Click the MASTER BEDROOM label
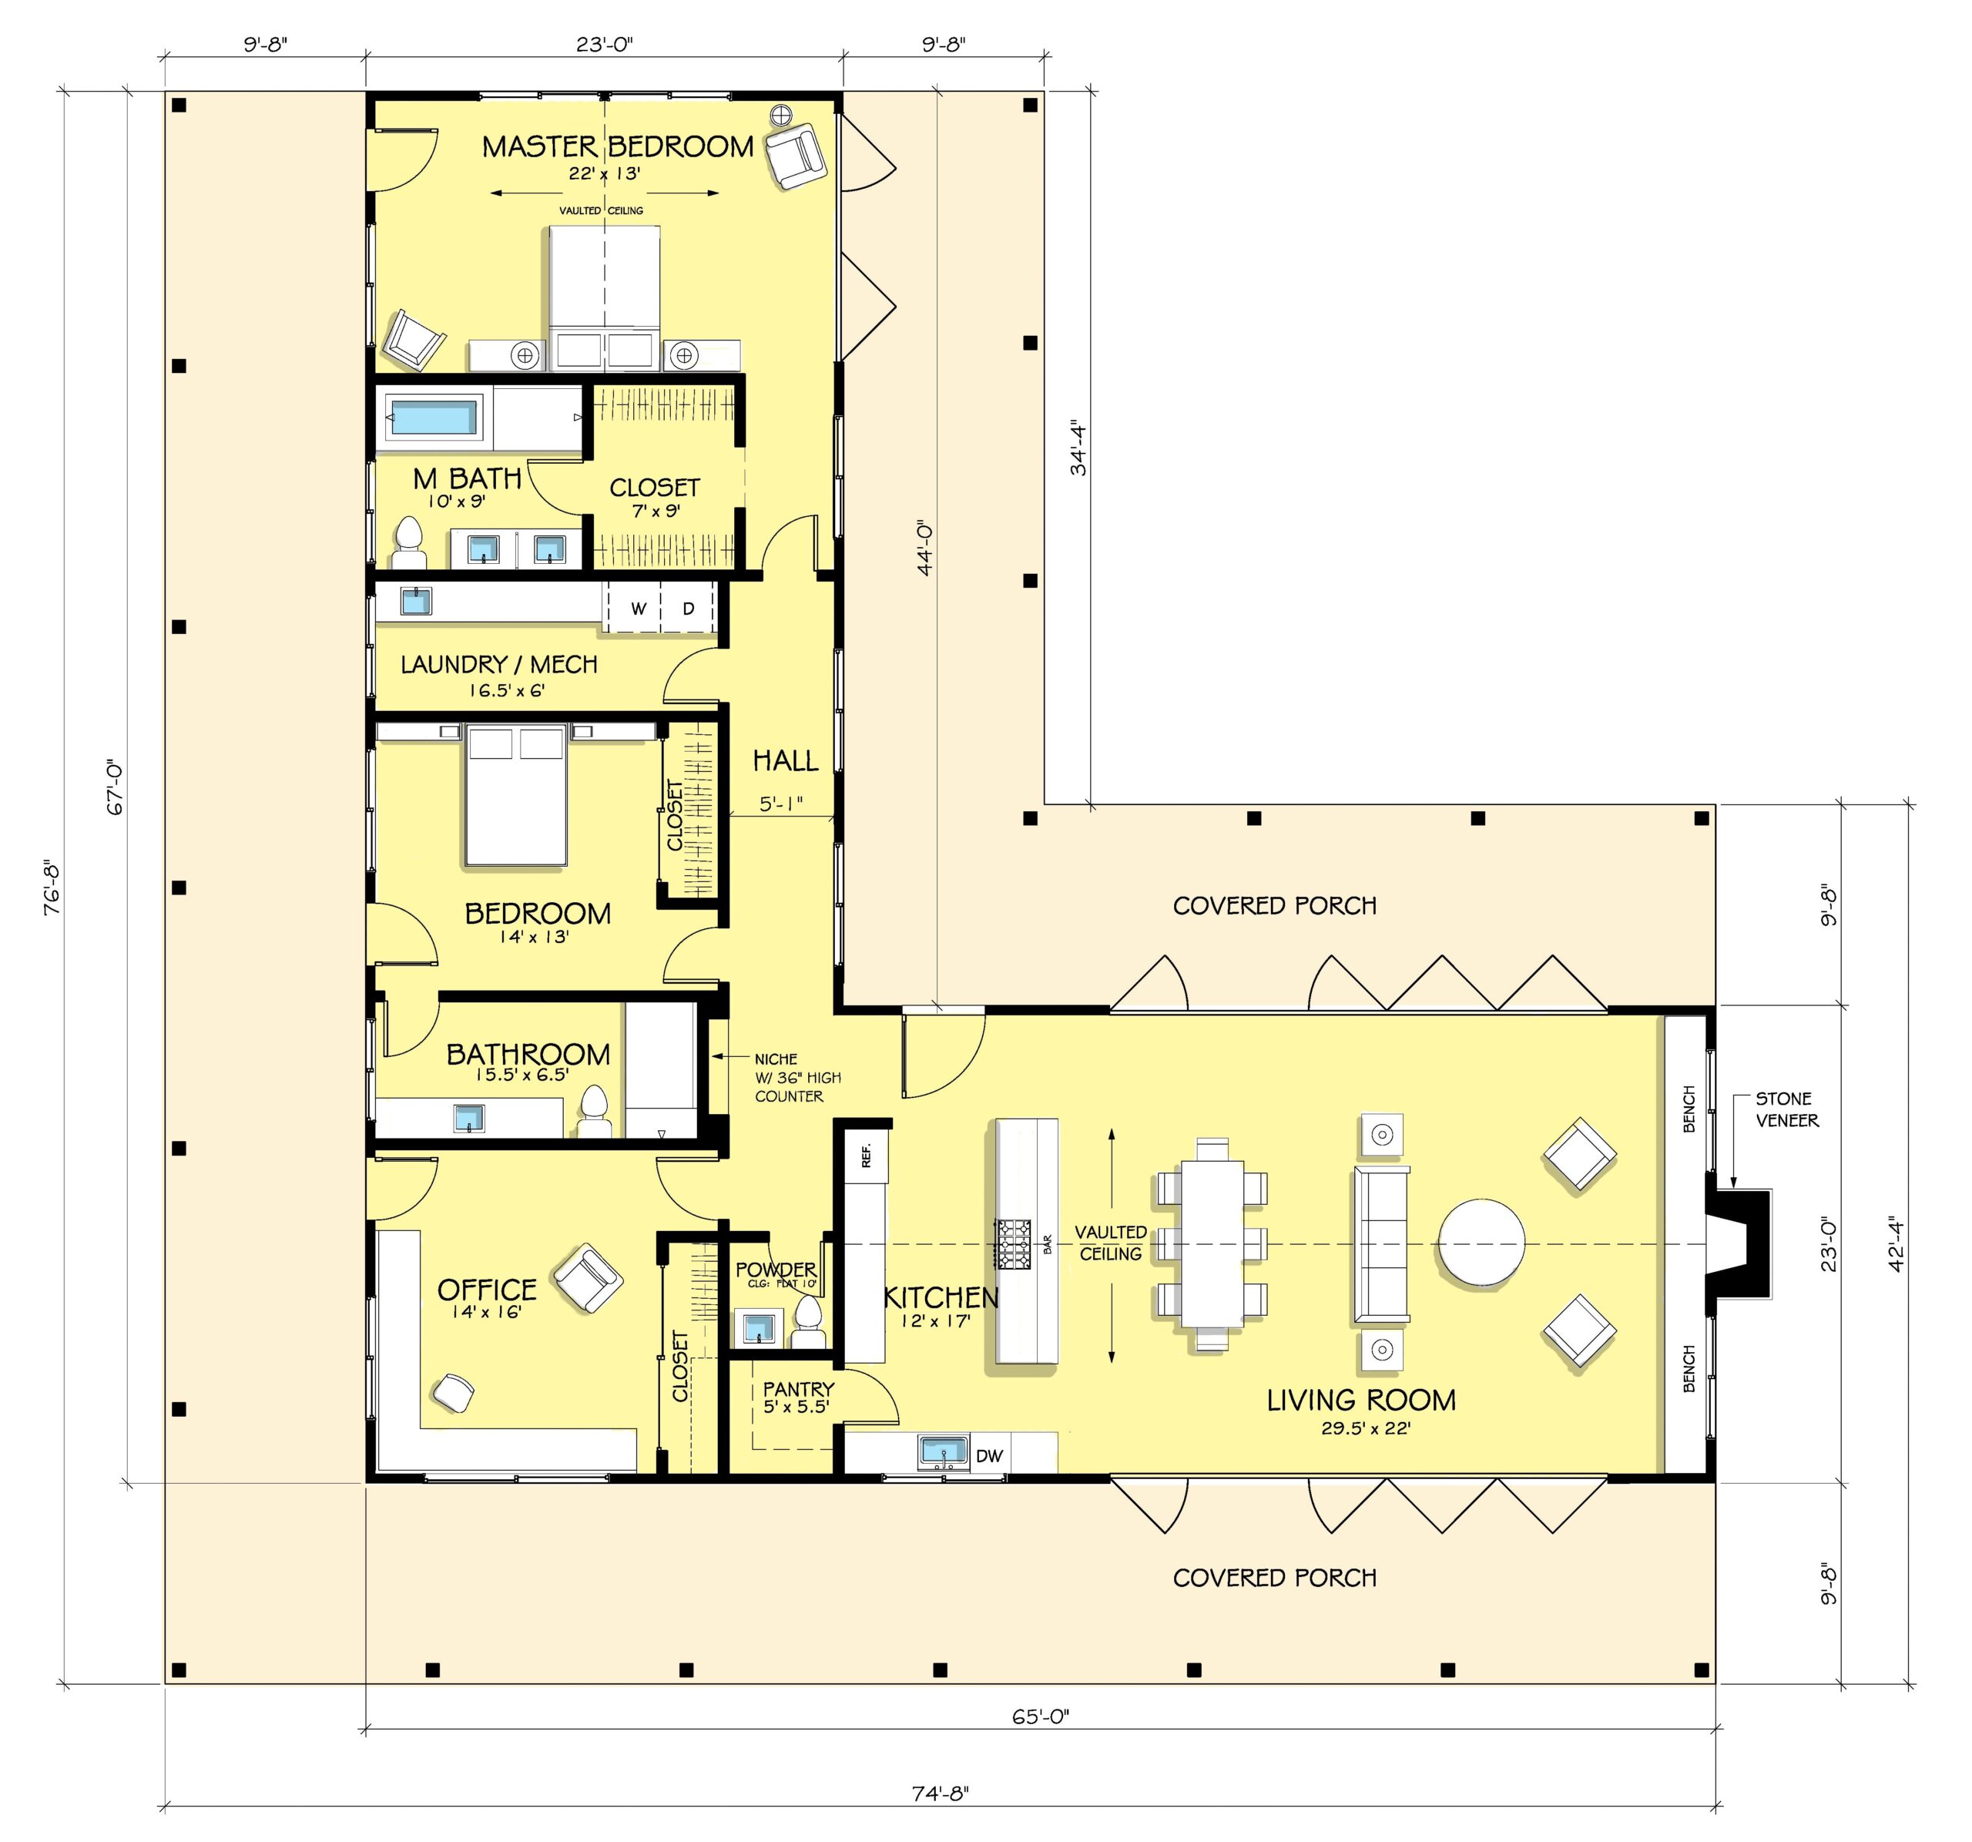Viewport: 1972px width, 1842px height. coord(617,147)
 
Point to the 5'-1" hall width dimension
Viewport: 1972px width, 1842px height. coord(780,804)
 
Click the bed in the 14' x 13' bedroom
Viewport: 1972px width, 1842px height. coord(516,794)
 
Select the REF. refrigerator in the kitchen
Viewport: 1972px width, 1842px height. coord(866,1155)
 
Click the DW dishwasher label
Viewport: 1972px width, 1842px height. coord(989,1456)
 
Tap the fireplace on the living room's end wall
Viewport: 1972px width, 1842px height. coord(1738,1243)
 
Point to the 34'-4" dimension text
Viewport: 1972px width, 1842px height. coord(1078,449)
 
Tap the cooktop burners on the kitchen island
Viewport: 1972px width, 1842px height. coord(1014,1244)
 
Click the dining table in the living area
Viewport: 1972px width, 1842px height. coord(1211,1244)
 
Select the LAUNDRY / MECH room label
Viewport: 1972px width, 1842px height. coord(499,665)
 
